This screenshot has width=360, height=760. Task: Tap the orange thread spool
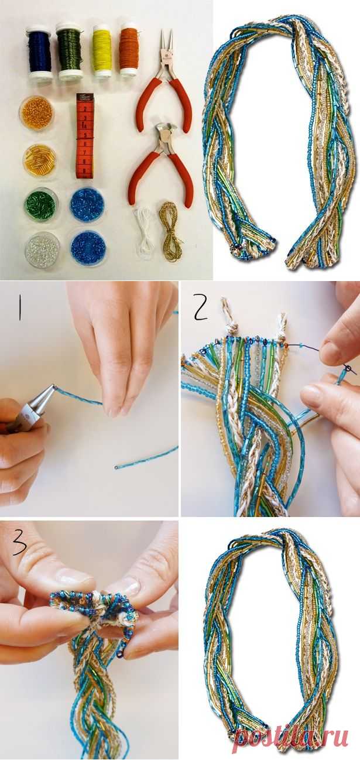pos(129,51)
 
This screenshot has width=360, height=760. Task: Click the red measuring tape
pos(84,136)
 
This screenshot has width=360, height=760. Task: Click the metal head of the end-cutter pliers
pos(165,132)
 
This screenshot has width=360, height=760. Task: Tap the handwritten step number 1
pos(20,309)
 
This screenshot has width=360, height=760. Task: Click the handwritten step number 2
pos(200,308)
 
